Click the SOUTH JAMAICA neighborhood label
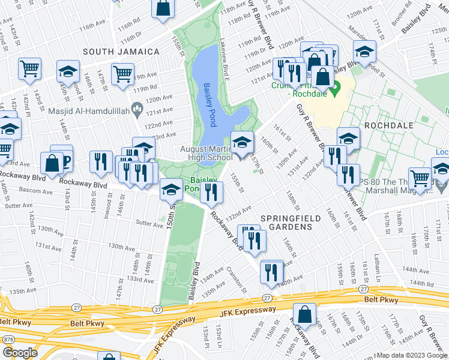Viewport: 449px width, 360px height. pyautogui.click(x=121, y=52)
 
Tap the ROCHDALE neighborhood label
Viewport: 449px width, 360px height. pyautogui.click(x=388, y=125)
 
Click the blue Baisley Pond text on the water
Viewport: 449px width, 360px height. pyautogui.click(x=208, y=105)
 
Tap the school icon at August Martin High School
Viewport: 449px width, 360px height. pyautogui.click(x=241, y=143)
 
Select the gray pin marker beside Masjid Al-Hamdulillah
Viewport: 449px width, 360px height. pyautogui.click(x=137, y=110)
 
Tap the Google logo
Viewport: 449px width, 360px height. pyautogui.click(x=20, y=353)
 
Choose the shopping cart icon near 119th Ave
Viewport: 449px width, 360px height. pyautogui.click(x=122, y=74)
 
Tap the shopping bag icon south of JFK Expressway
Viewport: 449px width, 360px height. pyautogui.click(x=305, y=314)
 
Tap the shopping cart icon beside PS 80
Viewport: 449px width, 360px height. pyautogui.click(x=420, y=178)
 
